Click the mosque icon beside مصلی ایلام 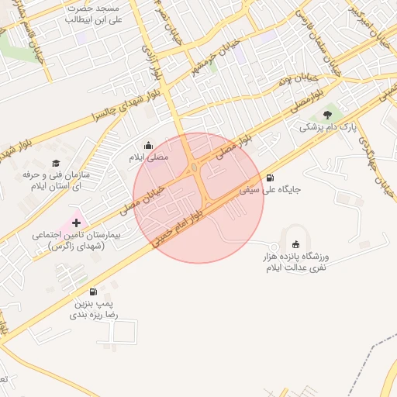(x=149, y=145)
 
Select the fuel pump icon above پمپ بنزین (x=94, y=292)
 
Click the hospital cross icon (x=76, y=223)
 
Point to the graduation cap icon (x=56, y=163)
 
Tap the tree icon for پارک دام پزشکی (x=327, y=114)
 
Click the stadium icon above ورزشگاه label (x=294, y=243)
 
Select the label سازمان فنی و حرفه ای (x=56, y=181)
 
